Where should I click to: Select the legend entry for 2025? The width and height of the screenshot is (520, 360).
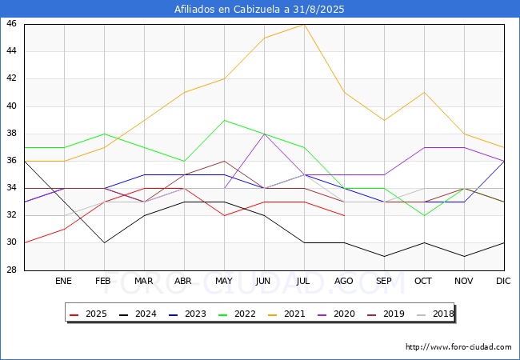tap(89, 314)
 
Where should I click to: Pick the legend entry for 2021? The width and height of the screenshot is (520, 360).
tap(286, 314)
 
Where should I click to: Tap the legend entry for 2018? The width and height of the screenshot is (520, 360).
tap(435, 314)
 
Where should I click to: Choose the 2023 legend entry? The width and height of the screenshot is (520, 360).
tap(187, 314)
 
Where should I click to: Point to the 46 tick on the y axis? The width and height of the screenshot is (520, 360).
tap(11, 23)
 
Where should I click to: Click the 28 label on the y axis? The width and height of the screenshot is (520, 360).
tap(11, 270)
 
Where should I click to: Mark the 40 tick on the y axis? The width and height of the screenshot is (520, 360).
tap(11, 106)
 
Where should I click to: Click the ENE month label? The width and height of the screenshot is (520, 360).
tap(63, 281)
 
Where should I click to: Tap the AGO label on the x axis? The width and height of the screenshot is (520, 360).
tap(343, 281)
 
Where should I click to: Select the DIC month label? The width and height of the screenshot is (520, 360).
tap(503, 281)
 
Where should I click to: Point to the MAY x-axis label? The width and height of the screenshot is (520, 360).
tap(224, 281)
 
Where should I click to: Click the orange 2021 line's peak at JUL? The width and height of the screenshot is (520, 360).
tap(305, 25)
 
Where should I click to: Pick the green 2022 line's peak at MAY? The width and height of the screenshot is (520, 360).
tap(225, 120)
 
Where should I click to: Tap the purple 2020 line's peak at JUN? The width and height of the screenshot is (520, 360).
tap(264, 134)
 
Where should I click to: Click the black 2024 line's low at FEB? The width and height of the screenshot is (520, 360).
tap(105, 243)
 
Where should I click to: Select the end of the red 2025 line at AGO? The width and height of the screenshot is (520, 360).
tap(345, 216)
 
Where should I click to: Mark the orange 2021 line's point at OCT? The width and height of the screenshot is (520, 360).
tap(425, 93)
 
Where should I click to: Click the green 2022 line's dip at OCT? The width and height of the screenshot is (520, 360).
tap(425, 216)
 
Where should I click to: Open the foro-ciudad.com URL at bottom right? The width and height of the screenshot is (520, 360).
tap(458, 347)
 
